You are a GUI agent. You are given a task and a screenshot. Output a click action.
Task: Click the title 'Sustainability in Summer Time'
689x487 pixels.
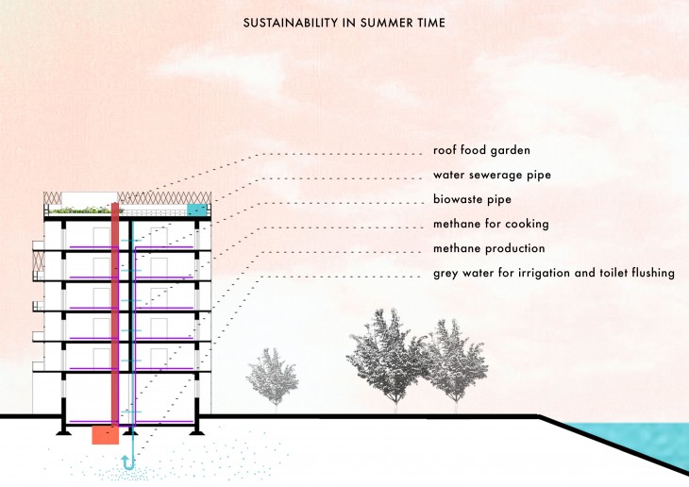click(344, 22)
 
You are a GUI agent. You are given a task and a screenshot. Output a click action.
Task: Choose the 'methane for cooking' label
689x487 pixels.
click(491, 224)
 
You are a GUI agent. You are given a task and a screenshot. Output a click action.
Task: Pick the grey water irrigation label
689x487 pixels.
click(554, 274)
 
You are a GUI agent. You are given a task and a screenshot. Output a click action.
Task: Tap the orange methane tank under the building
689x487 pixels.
click(104, 435)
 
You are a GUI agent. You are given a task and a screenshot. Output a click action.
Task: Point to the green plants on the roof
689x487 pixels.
click(80, 210)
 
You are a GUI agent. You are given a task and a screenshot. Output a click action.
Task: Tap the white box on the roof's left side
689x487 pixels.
click(80, 198)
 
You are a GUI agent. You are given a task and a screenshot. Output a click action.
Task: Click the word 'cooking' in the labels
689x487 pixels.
click(525, 224)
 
